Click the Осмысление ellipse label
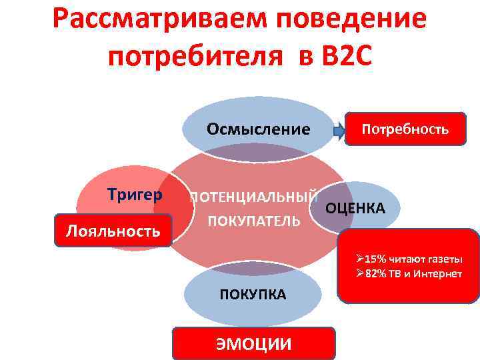[258, 129]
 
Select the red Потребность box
[405, 129]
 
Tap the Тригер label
[135, 195]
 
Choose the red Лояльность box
[113, 231]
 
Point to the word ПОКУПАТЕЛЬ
[253, 221]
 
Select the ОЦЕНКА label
[355, 209]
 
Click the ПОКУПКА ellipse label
[253, 294]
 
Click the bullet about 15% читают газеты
[409, 259]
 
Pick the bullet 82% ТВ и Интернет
[409, 274]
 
